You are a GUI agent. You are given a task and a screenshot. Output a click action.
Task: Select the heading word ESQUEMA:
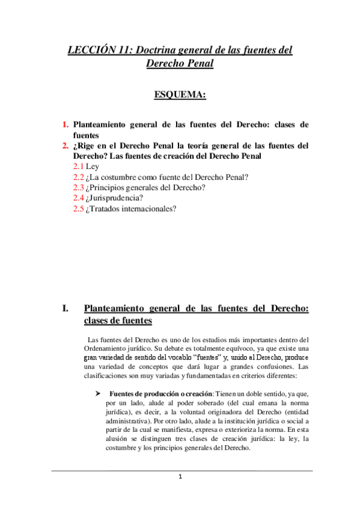[x=180, y=95]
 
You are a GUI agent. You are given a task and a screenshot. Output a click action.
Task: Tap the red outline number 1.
[x=66, y=125]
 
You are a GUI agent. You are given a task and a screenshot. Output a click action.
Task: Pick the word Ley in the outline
[x=93, y=167]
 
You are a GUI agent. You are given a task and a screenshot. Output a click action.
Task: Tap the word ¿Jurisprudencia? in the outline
[x=115, y=198]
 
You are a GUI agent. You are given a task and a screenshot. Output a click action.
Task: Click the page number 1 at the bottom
[x=180, y=477]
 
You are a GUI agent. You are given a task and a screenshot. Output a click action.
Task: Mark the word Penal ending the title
[x=198, y=64]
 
